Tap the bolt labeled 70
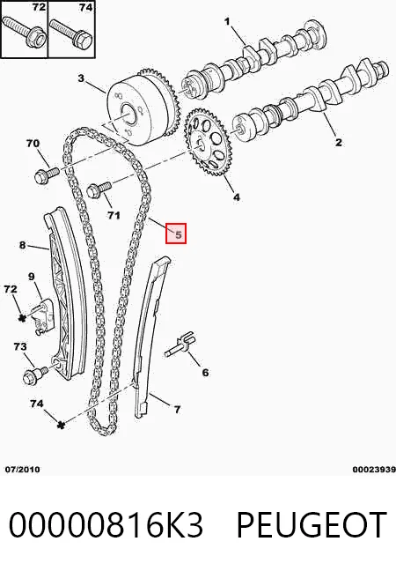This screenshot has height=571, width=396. click(46, 174)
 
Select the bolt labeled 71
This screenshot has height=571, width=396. click(99, 189)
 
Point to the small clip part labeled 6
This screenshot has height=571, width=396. click(180, 344)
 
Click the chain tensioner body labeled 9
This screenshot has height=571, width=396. click(44, 315)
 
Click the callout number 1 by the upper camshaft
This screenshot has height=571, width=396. click(227, 21)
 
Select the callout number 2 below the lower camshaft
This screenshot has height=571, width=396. click(339, 142)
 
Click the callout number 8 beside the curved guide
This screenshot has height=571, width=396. click(23, 245)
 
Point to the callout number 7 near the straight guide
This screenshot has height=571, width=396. click(177, 410)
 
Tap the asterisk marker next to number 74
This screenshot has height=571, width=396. click(61, 424)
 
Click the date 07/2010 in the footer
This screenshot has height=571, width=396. click(23, 470)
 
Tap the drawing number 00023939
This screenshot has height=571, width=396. click(374, 470)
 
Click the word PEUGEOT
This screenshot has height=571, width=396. click(312, 525)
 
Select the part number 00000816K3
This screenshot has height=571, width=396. click(106, 525)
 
